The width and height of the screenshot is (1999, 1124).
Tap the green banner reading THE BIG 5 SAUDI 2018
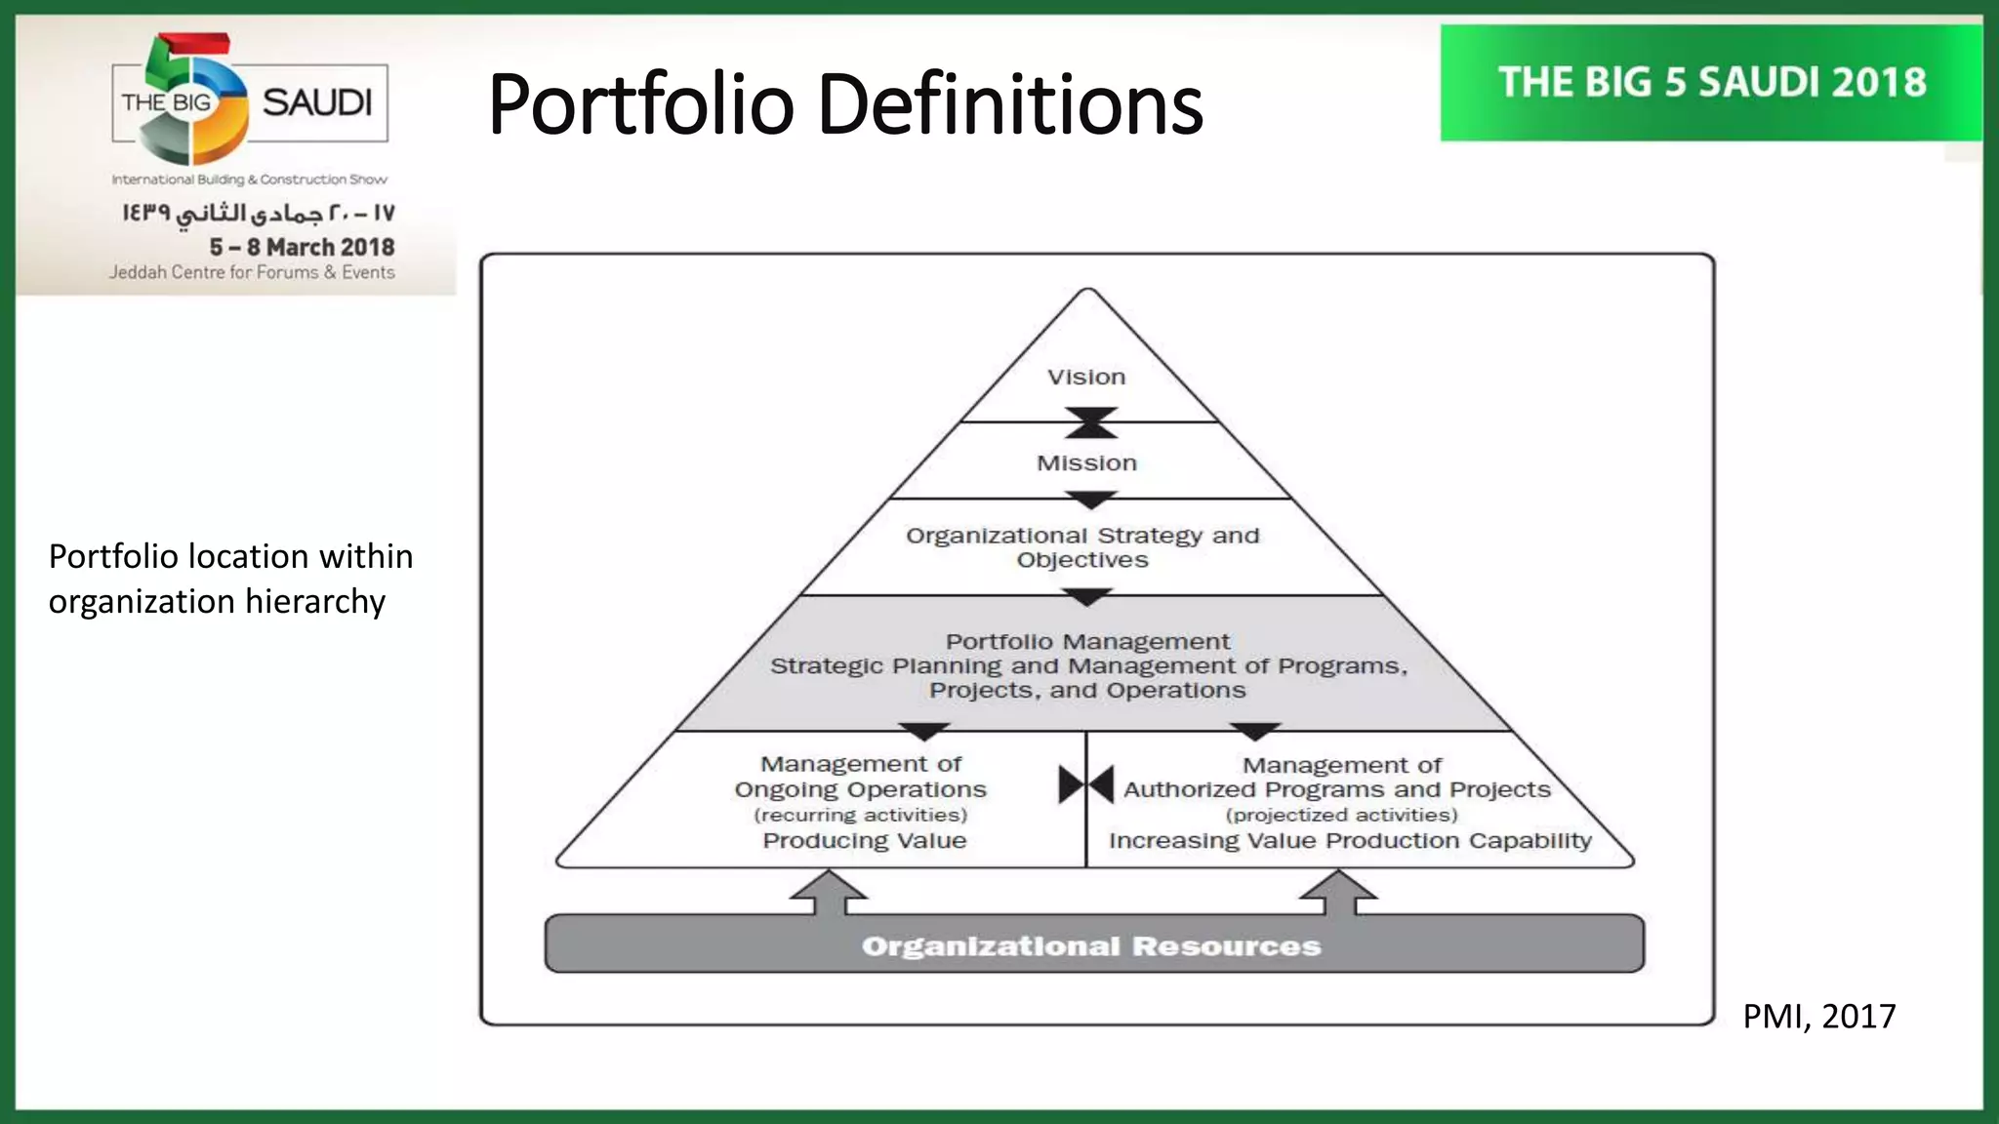(x=1712, y=83)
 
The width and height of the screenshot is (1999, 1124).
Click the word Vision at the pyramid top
(x=1086, y=378)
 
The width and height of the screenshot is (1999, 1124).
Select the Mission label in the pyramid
(x=1086, y=463)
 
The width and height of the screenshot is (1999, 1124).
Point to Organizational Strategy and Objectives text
(x=1082, y=547)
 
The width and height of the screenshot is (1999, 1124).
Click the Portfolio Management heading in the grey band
(x=1087, y=642)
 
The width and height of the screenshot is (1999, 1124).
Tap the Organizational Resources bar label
(x=1090, y=945)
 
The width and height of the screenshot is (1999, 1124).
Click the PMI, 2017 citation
(x=1818, y=1017)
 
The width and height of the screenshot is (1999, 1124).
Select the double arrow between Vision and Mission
(x=1090, y=422)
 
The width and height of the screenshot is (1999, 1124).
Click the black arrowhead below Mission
(x=1090, y=500)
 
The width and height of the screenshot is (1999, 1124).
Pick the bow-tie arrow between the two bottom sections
(x=1086, y=784)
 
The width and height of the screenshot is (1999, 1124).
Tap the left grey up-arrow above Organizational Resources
(x=829, y=893)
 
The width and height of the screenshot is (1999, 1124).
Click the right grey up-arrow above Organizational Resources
(x=1339, y=893)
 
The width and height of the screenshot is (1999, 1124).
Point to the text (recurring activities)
(x=861, y=815)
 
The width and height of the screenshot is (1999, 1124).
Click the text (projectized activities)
(x=1341, y=815)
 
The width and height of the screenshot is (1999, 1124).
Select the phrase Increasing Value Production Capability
(x=1350, y=841)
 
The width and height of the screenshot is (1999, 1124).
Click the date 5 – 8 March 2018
(x=302, y=247)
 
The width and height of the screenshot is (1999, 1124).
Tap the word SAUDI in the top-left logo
(x=317, y=102)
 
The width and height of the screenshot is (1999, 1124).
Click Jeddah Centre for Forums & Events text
(x=252, y=272)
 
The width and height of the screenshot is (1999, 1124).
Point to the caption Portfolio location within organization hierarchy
(x=230, y=579)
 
